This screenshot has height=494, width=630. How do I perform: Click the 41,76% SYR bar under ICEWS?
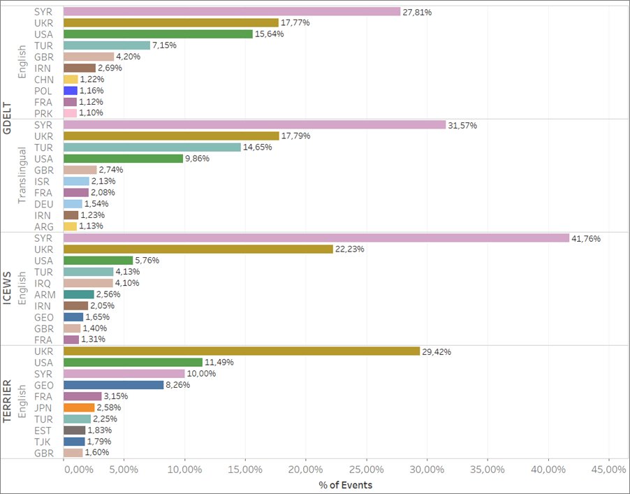click(316, 238)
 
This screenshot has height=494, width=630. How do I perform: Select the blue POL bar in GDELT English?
click(70, 91)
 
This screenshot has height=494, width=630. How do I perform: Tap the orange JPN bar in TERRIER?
click(79, 407)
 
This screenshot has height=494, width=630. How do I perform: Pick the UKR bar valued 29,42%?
click(241, 351)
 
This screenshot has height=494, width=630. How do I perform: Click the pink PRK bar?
click(70, 113)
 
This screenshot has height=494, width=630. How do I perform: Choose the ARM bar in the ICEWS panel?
click(78, 294)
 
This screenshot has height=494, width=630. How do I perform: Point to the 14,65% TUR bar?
click(152, 147)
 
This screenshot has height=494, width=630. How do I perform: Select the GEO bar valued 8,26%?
click(113, 384)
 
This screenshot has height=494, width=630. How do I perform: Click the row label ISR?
click(42, 181)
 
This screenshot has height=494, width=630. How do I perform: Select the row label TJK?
click(42, 441)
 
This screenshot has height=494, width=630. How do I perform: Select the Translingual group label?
click(22, 175)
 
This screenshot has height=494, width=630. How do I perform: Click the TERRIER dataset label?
click(8, 402)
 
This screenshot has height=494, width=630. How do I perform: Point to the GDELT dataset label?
click(8, 118)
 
